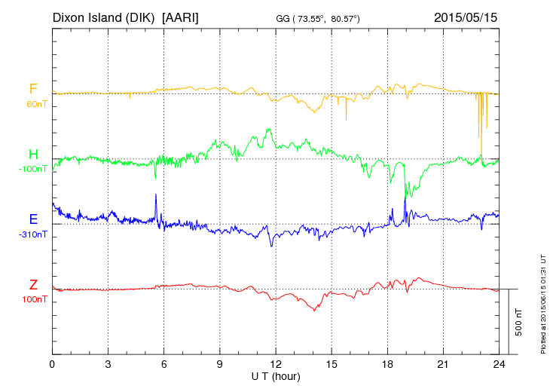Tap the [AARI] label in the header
pyautogui.click(x=180, y=17)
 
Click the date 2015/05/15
pyautogui.click(x=466, y=17)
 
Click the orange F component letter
pyautogui.click(x=32, y=89)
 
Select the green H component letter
pyautogui.click(x=32, y=155)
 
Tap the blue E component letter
pyautogui.click(x=32, y=219)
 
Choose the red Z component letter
pyautogui.click(x=32, y=285)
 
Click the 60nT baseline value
pyautogui.click(x=35, y=104)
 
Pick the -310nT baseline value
pyautogui.click(x=32, y=234)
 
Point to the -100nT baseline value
pyautogui.click(x=32, y=169)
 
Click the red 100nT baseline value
pyautogui.click(x=34, y=299)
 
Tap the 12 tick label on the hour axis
pyautogui.click(x=276, y=364)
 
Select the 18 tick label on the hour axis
pyautogui.click(x=387, y=364)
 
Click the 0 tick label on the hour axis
pyautogui.click(x=52, y=364)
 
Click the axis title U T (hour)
pyautogui.click(x=276, y=375)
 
